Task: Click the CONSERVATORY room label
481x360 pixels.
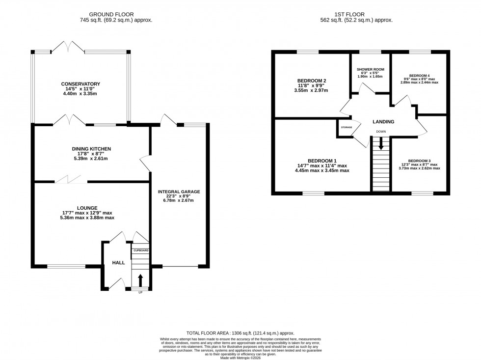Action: [x=81, y=84]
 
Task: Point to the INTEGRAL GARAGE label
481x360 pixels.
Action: [x=179, y=192]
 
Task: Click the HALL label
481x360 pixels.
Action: [x=118, y=263]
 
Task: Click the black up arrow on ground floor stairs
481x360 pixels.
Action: [x=140, y=280]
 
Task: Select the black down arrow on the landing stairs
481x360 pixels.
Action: [x=381, y=144]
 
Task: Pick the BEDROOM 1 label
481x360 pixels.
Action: [x=322, y=161]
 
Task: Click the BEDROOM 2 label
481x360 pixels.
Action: [x=311, y=81]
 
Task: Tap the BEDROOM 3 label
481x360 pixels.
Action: [x=419, y=161]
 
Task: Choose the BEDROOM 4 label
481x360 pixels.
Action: [x=419, y=76]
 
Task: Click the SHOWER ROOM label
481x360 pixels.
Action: [x=370, y=69]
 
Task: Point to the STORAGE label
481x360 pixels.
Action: [x=346, y=128]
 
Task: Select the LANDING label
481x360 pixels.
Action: [x=383, y=122]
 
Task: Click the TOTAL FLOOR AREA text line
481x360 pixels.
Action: [x=240, y=333]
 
